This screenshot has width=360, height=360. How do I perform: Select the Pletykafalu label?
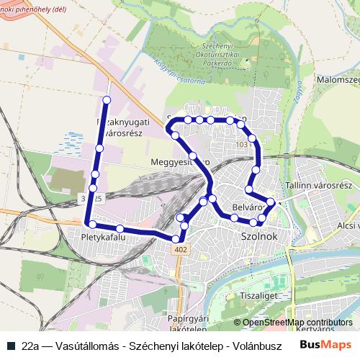point(104,236)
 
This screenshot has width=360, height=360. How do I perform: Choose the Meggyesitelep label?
point(179,163)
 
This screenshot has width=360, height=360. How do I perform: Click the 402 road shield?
point(179,249)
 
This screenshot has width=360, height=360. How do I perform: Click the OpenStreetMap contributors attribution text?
point(297,323)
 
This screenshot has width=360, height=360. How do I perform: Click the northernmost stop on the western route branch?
point(107,99)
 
